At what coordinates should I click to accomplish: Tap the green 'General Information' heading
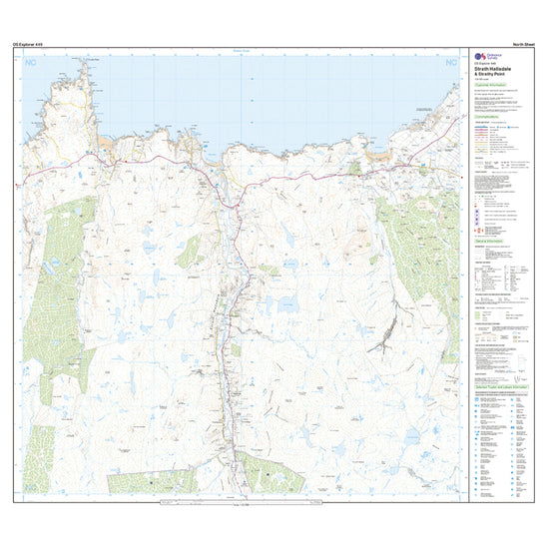click(489, 242)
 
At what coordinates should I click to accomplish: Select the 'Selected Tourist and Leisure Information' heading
click(501, 385)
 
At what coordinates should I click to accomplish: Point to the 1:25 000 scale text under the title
click(483, 79)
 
